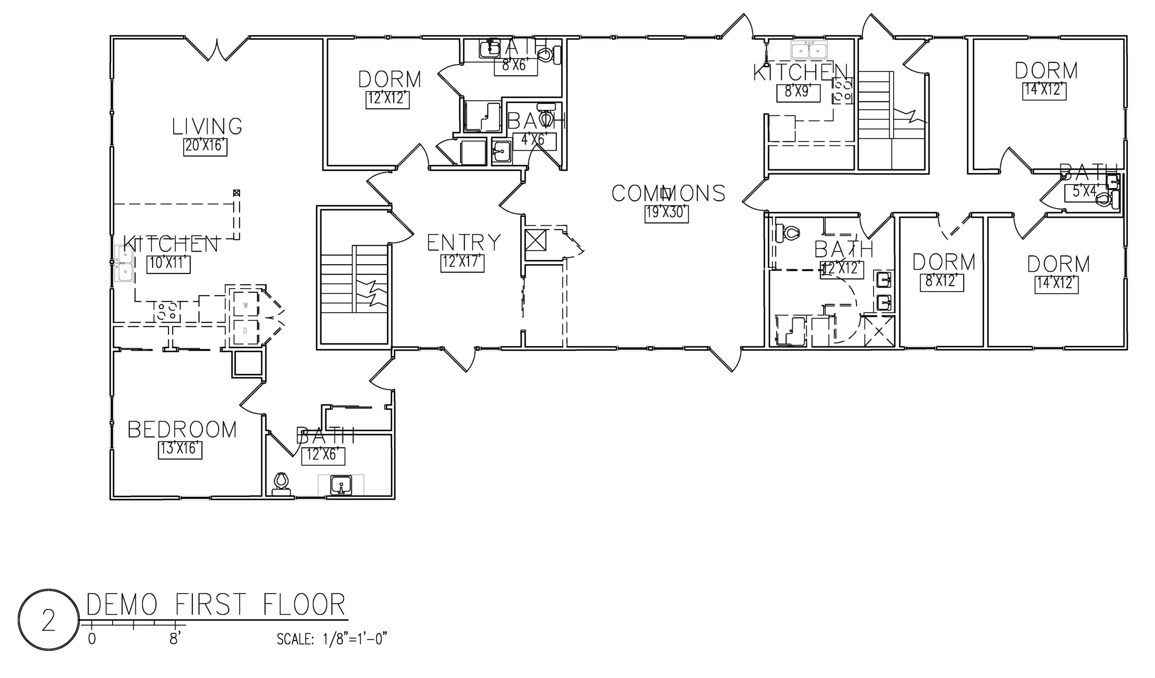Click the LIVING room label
pos(207,127)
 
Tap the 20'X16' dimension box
pos(205,147)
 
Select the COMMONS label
pos(668,194)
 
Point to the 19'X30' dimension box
pos(666,213)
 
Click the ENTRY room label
pos(464,243)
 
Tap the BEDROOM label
pos(182,430)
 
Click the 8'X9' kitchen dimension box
pos(798,93)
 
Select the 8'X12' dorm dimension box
pos(942,282)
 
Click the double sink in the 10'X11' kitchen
pos(124,264)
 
